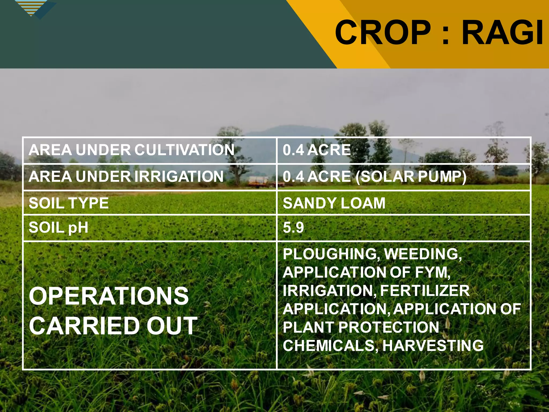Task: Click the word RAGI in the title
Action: pos(503,33)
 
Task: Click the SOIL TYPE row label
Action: pos(69,203)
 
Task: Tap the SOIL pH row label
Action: pos(58,227)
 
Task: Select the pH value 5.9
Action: pos(293,227)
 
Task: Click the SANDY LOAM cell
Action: pos(334,203)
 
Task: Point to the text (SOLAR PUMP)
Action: pos(411,177)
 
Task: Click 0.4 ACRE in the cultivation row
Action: pos(317,150)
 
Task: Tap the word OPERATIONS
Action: pos(109,296)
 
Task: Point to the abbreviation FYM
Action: pos(432,272)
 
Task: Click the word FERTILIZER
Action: pos(425,290)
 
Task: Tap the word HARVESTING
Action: pos(433,345)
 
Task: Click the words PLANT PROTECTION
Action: pos(361,327)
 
